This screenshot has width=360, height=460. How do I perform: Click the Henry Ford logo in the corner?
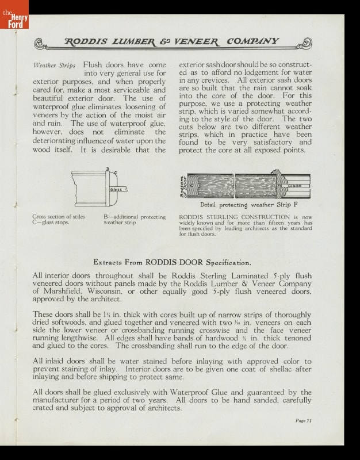point(14,14)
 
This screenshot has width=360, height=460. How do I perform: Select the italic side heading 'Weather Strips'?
point(55,66)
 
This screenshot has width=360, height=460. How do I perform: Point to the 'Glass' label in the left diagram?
point(116,189)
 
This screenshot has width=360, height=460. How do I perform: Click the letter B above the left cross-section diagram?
point(106,168)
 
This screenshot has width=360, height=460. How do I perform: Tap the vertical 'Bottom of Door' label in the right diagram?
point(183,187)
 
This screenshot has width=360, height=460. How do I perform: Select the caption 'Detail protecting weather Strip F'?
point(245,205)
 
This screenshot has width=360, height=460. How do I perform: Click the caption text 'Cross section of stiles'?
point(58,217)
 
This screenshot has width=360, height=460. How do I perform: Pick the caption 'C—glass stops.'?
point(51,223)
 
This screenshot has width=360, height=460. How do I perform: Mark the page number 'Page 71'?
point(303,421)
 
